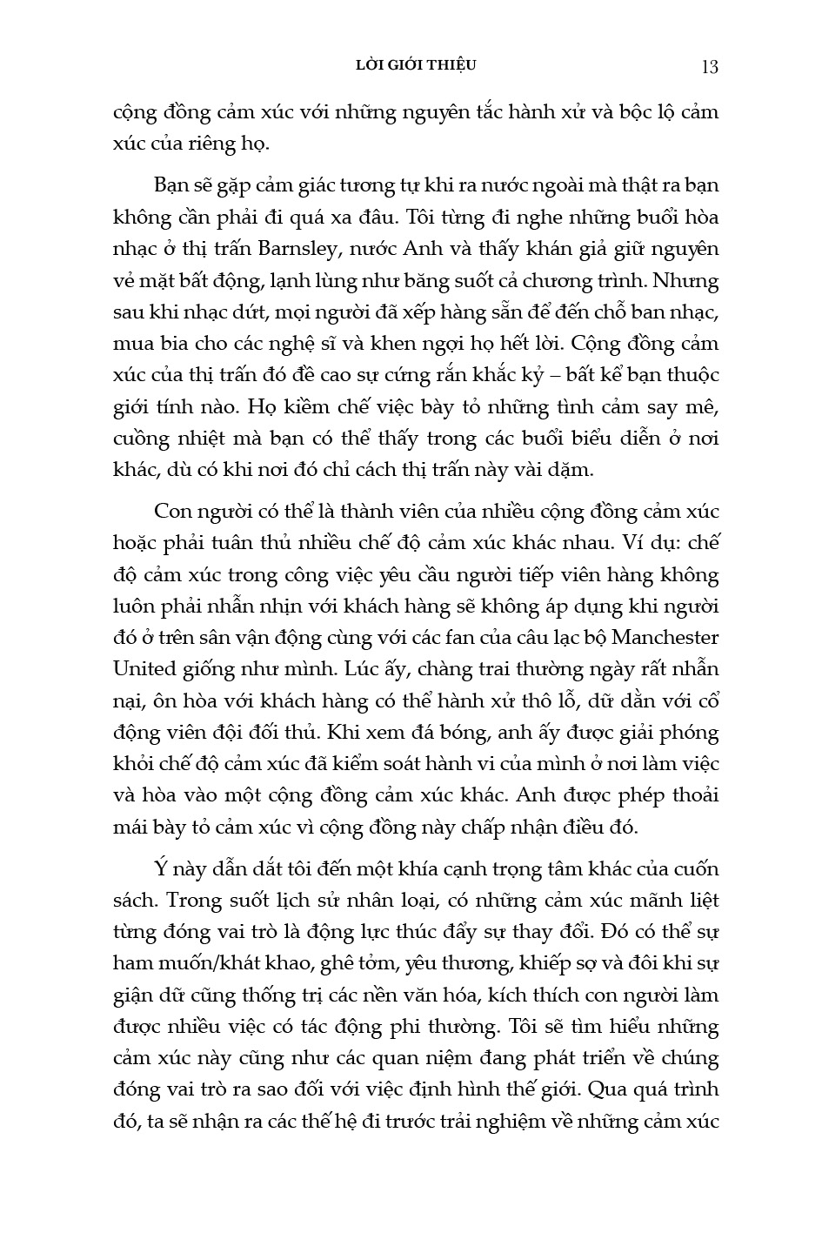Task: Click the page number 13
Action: (x=709, y=67)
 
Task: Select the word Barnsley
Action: (x=298, y=249)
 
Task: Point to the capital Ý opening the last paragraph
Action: (x=160, y=868)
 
